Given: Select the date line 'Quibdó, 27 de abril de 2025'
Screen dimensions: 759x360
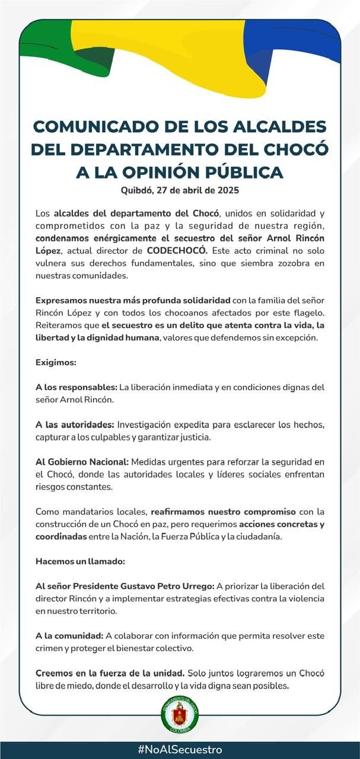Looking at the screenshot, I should (180, 191).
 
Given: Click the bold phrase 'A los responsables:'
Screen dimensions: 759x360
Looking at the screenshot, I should (76, 387).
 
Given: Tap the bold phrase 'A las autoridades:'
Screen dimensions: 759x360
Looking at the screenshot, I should (75, 425).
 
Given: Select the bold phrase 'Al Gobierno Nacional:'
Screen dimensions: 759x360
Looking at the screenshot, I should (82, 462).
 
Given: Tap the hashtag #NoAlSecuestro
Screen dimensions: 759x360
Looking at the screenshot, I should (180, 750).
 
